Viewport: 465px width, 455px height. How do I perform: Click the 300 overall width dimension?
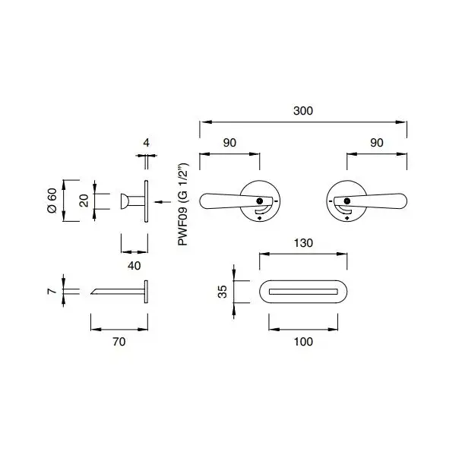point(303,111)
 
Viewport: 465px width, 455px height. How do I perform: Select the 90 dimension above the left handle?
point(229,143)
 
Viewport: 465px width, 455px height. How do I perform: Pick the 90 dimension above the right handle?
point(377,143)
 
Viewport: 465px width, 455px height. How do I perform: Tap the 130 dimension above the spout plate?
point(303,243)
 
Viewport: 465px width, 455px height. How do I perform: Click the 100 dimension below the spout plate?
point(303,342)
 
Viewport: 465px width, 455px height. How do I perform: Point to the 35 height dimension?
point(222,292)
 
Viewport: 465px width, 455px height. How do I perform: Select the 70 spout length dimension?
point(119,342)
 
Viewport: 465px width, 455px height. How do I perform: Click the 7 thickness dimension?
point(52,291)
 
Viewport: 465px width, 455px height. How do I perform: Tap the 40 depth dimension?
point(134,266)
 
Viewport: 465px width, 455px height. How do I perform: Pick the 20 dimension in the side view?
point(84,201)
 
